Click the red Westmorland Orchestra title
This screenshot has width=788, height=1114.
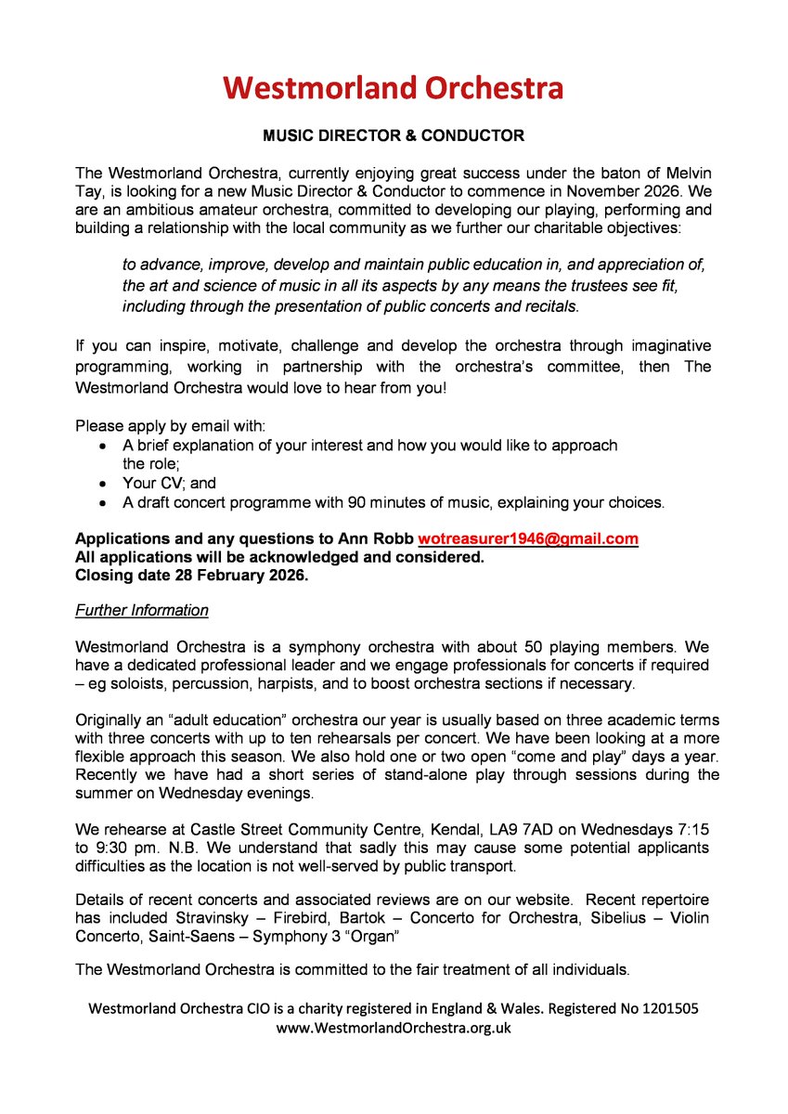coord(394,88)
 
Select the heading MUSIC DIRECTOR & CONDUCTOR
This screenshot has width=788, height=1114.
coord(394,136)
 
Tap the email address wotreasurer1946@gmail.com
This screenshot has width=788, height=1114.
coord(527,539)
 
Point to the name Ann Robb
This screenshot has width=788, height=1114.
coord(382,539)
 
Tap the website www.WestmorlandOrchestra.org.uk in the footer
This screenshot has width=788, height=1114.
coord(394,1028)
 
